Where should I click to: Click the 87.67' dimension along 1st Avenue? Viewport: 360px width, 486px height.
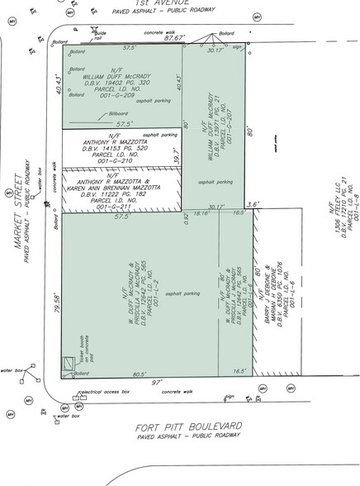pyautogui.click(x=173, y=38)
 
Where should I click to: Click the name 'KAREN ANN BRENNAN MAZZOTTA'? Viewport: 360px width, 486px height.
pyautogui.click(x=121, y=188)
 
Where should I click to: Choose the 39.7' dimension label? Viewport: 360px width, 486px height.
pyautogui.click(x=175, y=154)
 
